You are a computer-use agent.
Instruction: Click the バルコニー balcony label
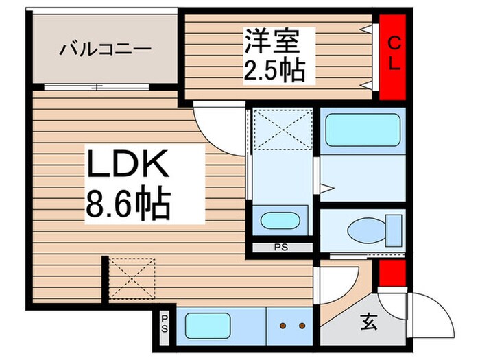coord(105,49)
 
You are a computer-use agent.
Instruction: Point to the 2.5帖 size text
coord(273,71)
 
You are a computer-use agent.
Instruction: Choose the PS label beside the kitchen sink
coord(165,322)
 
